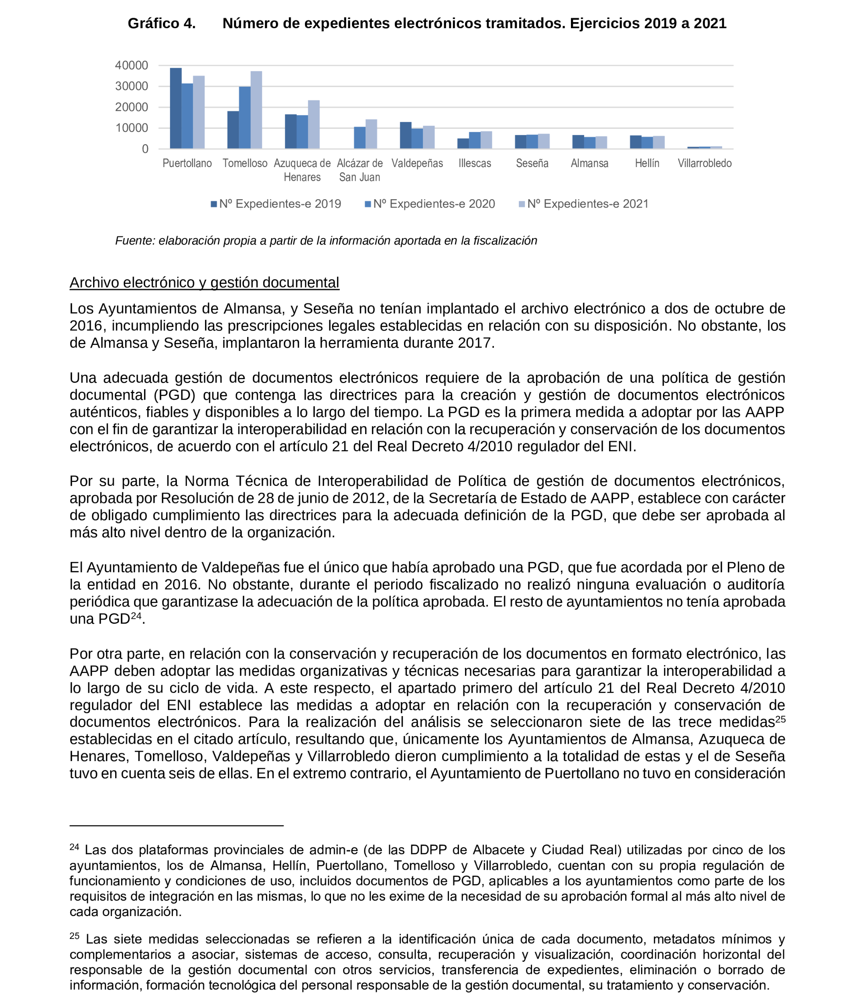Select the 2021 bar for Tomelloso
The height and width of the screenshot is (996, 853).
[256, 110]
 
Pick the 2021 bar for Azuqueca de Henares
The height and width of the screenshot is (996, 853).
[314, 124]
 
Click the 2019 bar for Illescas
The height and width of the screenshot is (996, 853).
[463, 144]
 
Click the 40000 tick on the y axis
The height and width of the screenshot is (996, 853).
[131, 65]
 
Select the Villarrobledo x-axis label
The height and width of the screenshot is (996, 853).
[704, 163]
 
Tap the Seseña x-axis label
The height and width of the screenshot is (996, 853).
[532, 163]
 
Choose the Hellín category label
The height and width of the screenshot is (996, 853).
[646, 163]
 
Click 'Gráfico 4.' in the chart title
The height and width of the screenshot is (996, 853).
[161, 24]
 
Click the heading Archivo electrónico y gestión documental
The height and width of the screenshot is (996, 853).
[204, 283]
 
